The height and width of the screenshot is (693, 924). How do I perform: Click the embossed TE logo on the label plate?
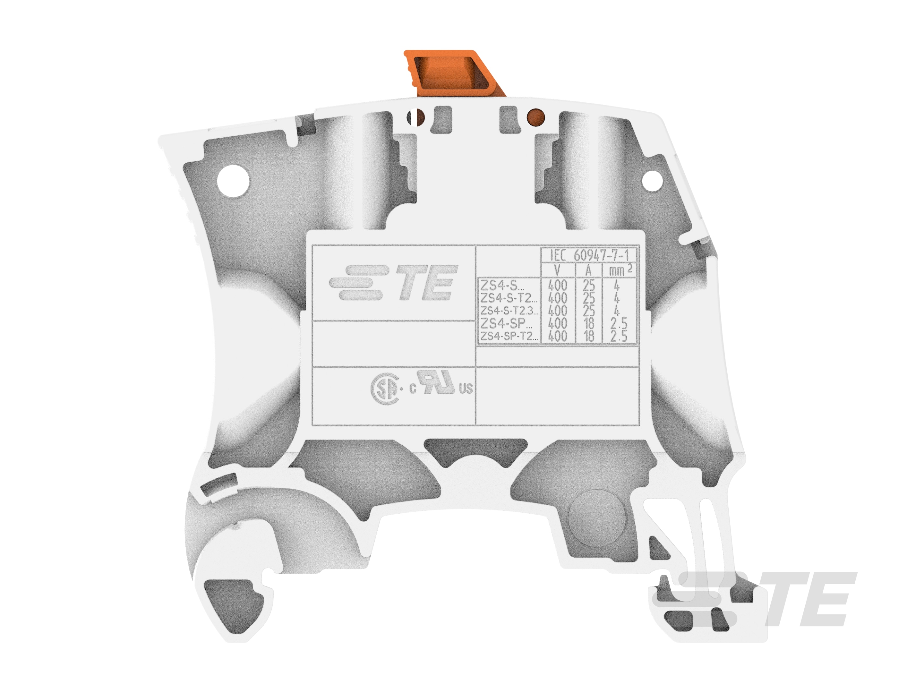tap(393, 283)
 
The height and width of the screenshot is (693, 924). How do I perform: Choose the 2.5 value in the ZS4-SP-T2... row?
tap(619, 336)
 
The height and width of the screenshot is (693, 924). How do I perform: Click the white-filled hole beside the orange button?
tap(415, 117)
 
